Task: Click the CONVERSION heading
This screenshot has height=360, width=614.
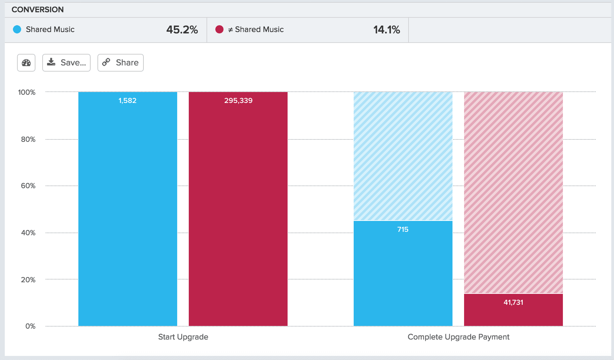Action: point(37,10)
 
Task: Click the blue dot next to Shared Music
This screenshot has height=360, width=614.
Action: point(17,29)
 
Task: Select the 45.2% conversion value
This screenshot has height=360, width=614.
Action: point(182,30)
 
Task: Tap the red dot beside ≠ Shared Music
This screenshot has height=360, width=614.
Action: point(219,29)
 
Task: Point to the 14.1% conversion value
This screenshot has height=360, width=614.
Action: point(386,30)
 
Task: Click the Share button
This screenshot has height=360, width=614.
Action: point(121,63)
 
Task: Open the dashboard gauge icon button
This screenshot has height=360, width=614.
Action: point(26,63)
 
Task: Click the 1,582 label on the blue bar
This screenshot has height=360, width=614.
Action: point(127,101)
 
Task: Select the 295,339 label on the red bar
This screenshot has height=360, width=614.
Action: point(238,101)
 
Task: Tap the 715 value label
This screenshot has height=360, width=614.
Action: point(403,229)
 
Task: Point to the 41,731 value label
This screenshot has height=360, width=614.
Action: point(513,302)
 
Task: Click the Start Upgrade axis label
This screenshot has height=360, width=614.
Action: point(183,337)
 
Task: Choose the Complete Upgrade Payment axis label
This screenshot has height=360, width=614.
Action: point(458,337)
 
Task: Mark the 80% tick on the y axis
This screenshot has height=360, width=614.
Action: point(28,139)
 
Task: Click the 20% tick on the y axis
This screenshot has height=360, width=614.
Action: point(28,280)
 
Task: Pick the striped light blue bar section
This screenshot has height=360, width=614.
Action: point(403,156)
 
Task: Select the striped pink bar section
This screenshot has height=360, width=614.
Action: point(513,193)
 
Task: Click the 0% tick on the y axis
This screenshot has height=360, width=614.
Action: point(30,326)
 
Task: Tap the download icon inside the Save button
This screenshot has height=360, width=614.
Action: point(51,62)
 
